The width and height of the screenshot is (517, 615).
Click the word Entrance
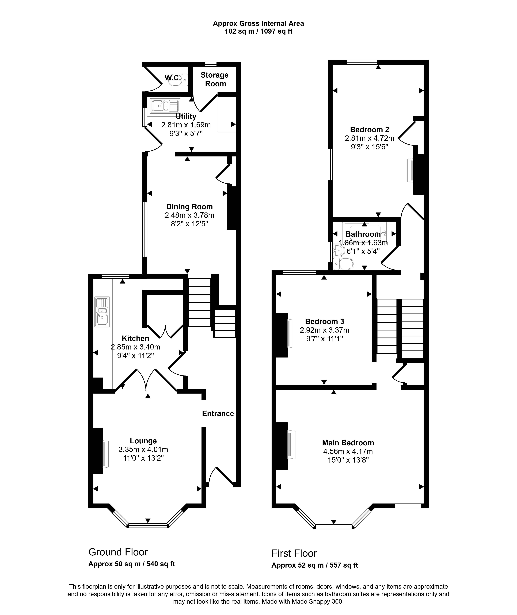(x=218, y=413)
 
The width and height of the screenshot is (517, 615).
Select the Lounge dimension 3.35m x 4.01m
(x=143, y=449)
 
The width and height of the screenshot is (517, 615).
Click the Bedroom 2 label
(x=370, y=129)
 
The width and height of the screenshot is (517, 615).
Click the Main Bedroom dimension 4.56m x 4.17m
(x=348, y=452)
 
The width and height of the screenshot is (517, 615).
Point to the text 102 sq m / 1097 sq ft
(x=258, y=31)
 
